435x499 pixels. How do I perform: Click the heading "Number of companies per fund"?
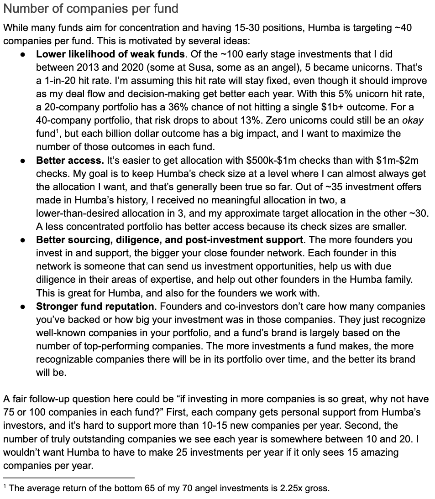pos(90,8)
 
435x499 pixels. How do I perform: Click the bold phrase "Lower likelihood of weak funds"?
pos(110,54)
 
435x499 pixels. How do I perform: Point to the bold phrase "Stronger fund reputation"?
pos(95,307)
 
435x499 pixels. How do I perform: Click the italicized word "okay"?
pos(413,120)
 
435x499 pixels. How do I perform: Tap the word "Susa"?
pos(218,68)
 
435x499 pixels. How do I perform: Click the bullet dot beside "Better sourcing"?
pos(23,240)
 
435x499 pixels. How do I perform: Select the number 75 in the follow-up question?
pos(10,412)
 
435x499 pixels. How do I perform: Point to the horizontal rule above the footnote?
pos(68,478)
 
